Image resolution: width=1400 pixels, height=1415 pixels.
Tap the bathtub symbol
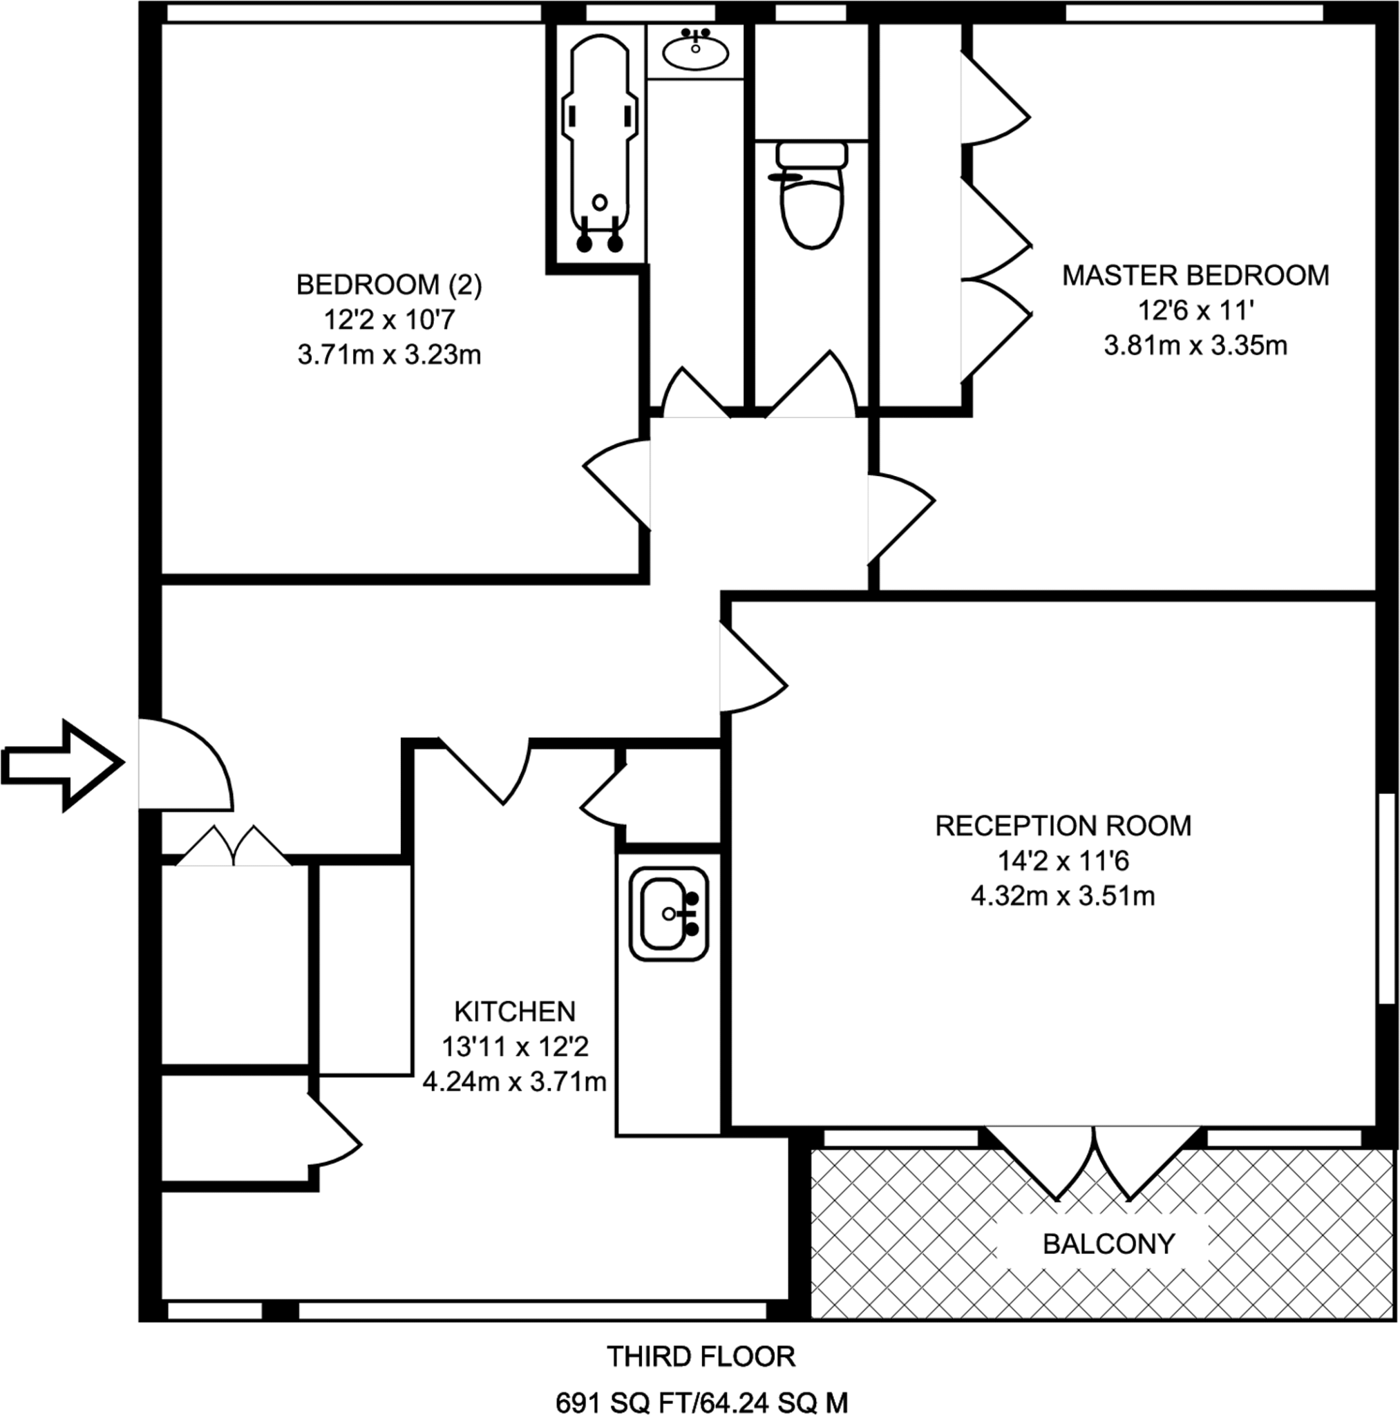click(599, 143)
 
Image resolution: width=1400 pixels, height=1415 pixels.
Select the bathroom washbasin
click(694, 50)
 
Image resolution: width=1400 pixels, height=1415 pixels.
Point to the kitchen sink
click(668, 914)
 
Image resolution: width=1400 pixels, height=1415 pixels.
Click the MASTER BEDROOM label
click(1195, 276)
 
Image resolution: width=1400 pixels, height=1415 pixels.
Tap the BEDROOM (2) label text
click(389, 285)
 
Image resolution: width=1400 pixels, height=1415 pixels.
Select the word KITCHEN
click(514, 1012)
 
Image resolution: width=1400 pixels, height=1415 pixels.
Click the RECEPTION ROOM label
click(1063, 826)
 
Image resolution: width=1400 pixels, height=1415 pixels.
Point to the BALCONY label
click(1108, 1244)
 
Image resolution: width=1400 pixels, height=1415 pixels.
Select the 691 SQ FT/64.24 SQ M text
click(701, 1402)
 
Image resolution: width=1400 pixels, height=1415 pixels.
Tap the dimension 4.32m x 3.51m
click(1063, 895)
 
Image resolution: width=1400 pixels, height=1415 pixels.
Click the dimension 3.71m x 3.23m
click(389, 355)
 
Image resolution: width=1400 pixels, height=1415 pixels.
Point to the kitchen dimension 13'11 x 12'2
click(514, 1047)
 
